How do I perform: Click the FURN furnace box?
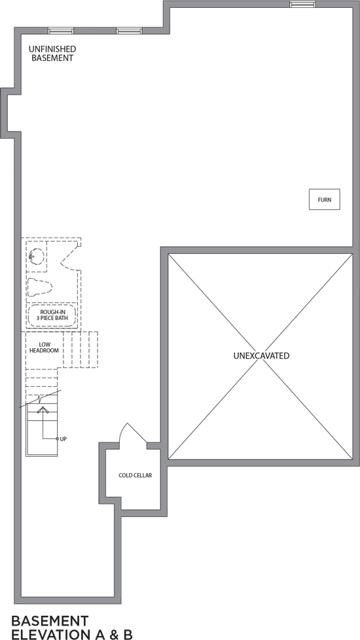(325, 200)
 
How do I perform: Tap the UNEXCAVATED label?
(261, 355)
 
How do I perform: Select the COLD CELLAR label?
(135, 476)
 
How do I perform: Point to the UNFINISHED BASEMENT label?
(52, 54)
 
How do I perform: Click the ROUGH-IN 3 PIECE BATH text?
(52, 315)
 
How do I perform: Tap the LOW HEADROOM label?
(44, 347)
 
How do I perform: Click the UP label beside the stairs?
(63, 439)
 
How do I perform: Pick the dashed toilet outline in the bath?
(39, 287)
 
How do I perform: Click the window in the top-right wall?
(303, 4)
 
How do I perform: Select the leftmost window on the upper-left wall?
(61, 31)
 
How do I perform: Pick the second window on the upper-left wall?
(129, 31)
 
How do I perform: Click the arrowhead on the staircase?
(43, 410)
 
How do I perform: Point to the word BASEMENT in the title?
(50, 621)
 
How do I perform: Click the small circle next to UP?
(58, 439)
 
